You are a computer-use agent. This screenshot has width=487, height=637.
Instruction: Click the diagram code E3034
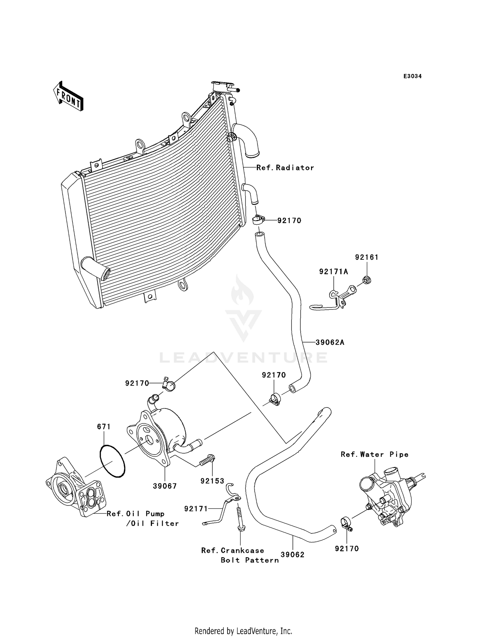point(412,76)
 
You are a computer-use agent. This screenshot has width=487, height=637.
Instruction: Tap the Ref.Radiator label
point(285,168)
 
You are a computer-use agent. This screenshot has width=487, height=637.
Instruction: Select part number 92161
point(367,257)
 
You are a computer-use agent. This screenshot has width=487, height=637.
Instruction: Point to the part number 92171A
point(333,272)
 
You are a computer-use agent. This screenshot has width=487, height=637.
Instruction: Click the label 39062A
point(330,342)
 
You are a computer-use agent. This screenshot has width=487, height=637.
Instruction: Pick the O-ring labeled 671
point(112,461)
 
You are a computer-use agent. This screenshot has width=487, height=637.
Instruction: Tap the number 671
point(104,427)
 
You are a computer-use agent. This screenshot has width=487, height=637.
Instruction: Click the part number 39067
point(165,486)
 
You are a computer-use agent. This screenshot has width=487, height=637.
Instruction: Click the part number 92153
point(212,481)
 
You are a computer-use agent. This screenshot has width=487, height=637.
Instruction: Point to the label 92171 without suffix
point(196,509)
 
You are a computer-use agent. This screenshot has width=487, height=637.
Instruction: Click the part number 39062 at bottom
point(293,555)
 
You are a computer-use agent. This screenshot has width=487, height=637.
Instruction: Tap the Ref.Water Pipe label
point(374,455)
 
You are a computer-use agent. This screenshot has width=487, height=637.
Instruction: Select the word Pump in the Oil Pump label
point(155,514)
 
